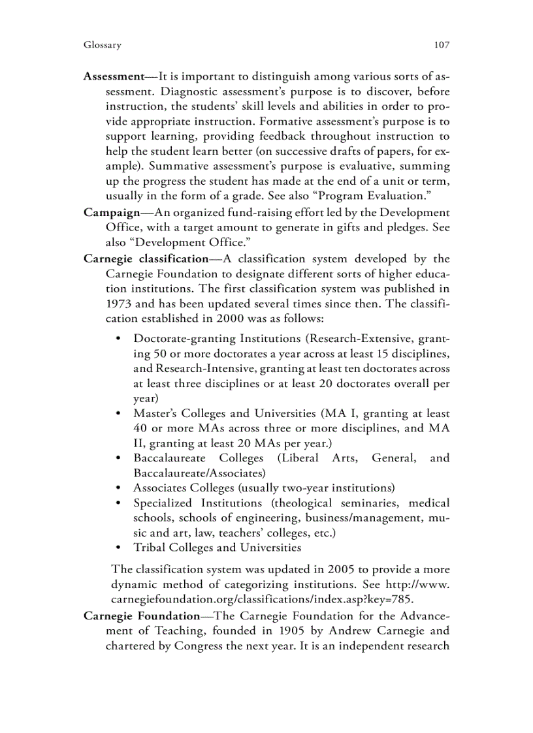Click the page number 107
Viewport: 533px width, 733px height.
point(442,45)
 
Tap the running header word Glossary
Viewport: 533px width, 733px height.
point(103,45)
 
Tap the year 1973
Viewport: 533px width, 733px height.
point(119,304)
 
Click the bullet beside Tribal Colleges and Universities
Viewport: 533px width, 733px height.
point(118,548)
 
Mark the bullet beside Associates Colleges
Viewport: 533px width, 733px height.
point(118,488)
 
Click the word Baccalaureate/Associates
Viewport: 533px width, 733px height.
point(199,473)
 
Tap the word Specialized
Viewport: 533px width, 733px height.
point(163,503)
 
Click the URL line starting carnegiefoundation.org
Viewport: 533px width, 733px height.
point(262,598)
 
